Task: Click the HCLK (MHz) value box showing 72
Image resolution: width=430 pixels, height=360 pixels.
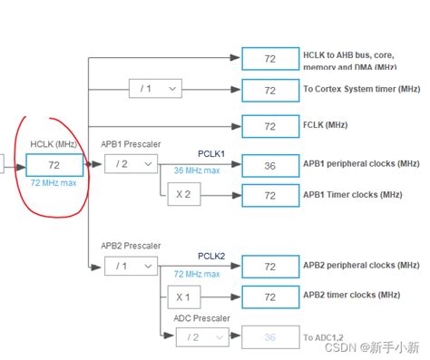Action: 54,165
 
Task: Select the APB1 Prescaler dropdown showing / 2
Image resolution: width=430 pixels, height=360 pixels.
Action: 131,164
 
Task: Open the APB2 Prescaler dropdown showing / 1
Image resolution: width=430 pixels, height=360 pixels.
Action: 131,267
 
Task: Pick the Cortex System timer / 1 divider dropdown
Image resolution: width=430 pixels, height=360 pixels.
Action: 155,89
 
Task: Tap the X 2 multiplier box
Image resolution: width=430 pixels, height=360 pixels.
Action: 183,193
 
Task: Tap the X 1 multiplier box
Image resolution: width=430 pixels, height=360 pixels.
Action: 183,297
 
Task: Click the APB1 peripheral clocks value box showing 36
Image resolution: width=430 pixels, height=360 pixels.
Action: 269,164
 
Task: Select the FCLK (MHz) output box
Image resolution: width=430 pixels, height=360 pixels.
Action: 269,125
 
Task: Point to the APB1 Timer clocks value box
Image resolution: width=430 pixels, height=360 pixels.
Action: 269,194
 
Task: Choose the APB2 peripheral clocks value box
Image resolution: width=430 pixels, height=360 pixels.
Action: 269,268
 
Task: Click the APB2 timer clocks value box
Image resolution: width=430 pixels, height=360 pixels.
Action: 269,297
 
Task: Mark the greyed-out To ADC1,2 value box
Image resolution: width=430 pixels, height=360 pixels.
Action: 269,336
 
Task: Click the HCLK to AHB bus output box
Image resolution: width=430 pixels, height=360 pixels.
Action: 269,59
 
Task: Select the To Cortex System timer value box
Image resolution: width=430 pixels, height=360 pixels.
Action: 269,90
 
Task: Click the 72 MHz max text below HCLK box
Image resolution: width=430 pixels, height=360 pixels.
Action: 54,182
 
